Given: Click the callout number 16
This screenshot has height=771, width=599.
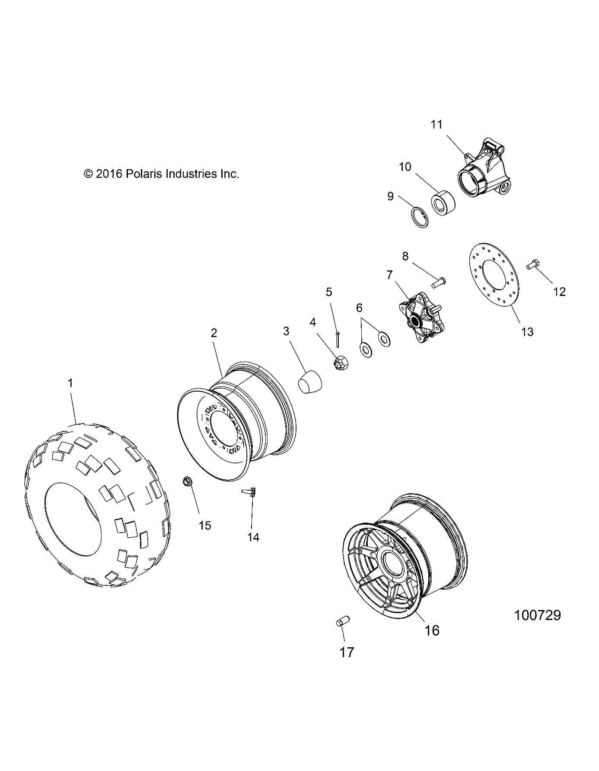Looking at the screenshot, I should click(x=432, y=630).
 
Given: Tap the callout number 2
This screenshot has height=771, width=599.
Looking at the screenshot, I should click(x=213, y=333).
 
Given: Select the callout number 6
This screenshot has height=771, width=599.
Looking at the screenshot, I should click(x=359, y=308).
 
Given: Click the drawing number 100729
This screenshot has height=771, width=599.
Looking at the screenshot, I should click(x=537, y=615).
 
